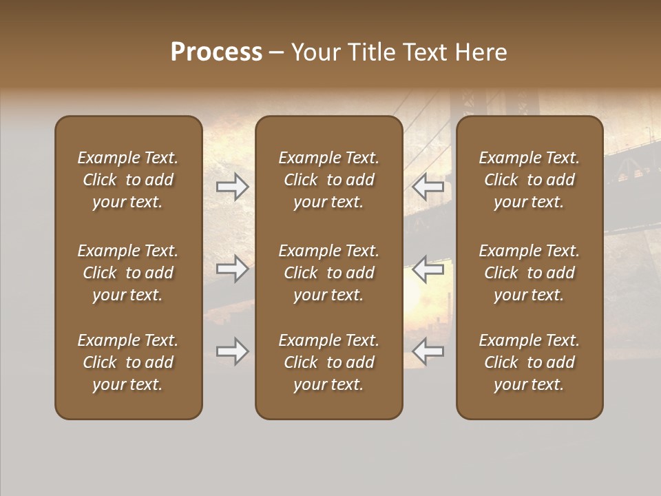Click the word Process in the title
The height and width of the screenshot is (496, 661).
pyautogui.click(x=216, y=52)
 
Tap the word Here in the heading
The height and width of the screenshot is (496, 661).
pyautogui.click(x=481, y=52)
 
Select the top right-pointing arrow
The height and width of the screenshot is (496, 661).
pyautogui.click(x=233, y=187)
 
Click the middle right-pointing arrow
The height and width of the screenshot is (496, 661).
pyautogui.click(x=233, y=269)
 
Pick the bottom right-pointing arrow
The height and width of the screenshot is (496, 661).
pyautogui.click(x=233, y=351)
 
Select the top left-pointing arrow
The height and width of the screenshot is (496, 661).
pyautogui.click(x=428, y=187)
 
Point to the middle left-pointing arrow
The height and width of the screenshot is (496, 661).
pyautogui.click(x=428, y=269)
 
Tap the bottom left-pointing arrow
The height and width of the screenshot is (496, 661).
pyautogui.click(x=428, y=351)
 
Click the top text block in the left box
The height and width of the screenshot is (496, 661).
pyautogui.click(x=128, y=180)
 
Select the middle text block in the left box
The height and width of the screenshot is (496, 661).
pyautogui.click(x=128, y=273)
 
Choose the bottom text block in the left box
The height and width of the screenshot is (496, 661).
pyautogui.click(x=128, y=362)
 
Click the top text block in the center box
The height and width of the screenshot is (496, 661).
pyautogui.click(x=328, y=180)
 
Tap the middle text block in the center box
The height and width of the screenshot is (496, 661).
pyautogui.click(x=328, y=273)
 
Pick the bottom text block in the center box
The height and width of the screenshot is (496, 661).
pyautogui.click(x=328, y=362)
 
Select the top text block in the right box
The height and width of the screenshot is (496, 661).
pyautogui.click(x=529, y=180)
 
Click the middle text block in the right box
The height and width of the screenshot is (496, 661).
pyautogui.click(x=529, y=273)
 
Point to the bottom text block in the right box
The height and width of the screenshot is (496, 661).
pyautogui.click(x=529, y=362)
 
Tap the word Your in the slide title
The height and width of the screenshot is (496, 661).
pyautogui.click(x=316, y=52)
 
